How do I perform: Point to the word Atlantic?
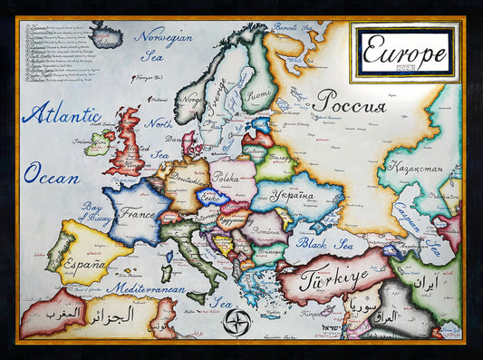point(61,115)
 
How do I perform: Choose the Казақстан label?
point(415,167)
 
